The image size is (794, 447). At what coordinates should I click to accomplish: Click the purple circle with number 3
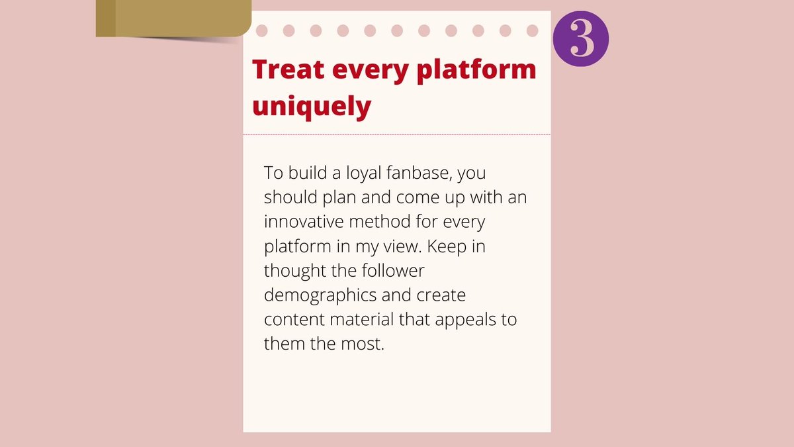tap(580, 38)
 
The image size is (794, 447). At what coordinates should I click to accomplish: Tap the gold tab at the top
tap(172, 18)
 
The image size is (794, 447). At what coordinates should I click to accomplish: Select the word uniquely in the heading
tap(312, 106)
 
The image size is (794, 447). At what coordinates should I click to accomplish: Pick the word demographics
tap(321, 295)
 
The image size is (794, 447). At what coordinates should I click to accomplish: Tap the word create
tap(441, 295)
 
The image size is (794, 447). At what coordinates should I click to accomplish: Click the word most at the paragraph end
tap(363, 344)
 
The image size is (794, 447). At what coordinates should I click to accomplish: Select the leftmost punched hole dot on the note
tap(261, 30)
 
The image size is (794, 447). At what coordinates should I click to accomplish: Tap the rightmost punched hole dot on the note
tap(532, 30)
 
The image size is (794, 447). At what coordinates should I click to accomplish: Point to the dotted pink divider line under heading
tap(397, 134)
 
